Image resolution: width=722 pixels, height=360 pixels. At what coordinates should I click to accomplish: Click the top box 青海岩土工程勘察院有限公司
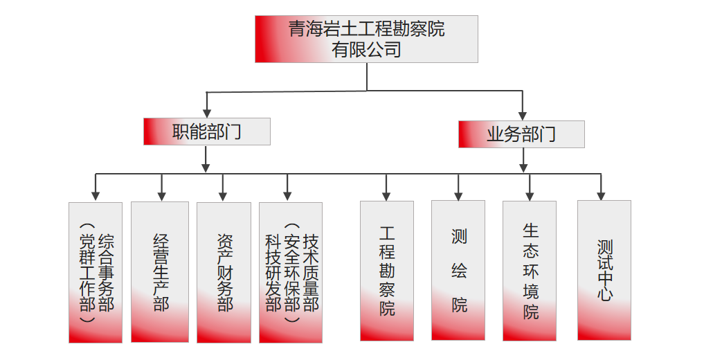point(366,39)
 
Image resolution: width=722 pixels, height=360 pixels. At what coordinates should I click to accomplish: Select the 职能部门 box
point(206,132)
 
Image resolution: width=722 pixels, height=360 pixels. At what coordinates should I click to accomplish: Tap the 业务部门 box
point(521,134)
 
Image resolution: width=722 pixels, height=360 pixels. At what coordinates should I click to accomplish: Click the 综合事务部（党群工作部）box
point(96,272)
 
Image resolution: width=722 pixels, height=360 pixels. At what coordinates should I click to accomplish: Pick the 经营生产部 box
point(160,272)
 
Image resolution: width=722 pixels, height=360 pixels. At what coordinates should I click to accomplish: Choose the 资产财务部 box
point(224,272)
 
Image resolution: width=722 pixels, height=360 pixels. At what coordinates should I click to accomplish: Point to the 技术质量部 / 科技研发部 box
point(291,272)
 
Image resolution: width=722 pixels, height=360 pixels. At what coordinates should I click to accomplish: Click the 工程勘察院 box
point(387,271)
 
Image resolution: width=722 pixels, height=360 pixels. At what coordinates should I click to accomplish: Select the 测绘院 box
point(458,271)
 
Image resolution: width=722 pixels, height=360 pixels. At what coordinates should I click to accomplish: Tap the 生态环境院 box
point(530,271)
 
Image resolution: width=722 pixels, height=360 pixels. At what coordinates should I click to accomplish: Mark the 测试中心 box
point(604,271)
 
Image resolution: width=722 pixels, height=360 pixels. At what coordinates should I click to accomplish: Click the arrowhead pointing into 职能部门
point(206,113)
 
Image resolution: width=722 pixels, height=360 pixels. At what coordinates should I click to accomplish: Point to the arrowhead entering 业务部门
point(523,116)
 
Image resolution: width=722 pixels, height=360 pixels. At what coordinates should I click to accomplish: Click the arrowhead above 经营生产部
point(161,196)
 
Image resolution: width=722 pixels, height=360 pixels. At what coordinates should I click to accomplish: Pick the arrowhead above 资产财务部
point(223,196)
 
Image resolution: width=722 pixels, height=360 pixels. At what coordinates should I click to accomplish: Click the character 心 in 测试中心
point(605,294)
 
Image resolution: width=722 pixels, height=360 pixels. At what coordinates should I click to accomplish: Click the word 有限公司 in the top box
point(366,50)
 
